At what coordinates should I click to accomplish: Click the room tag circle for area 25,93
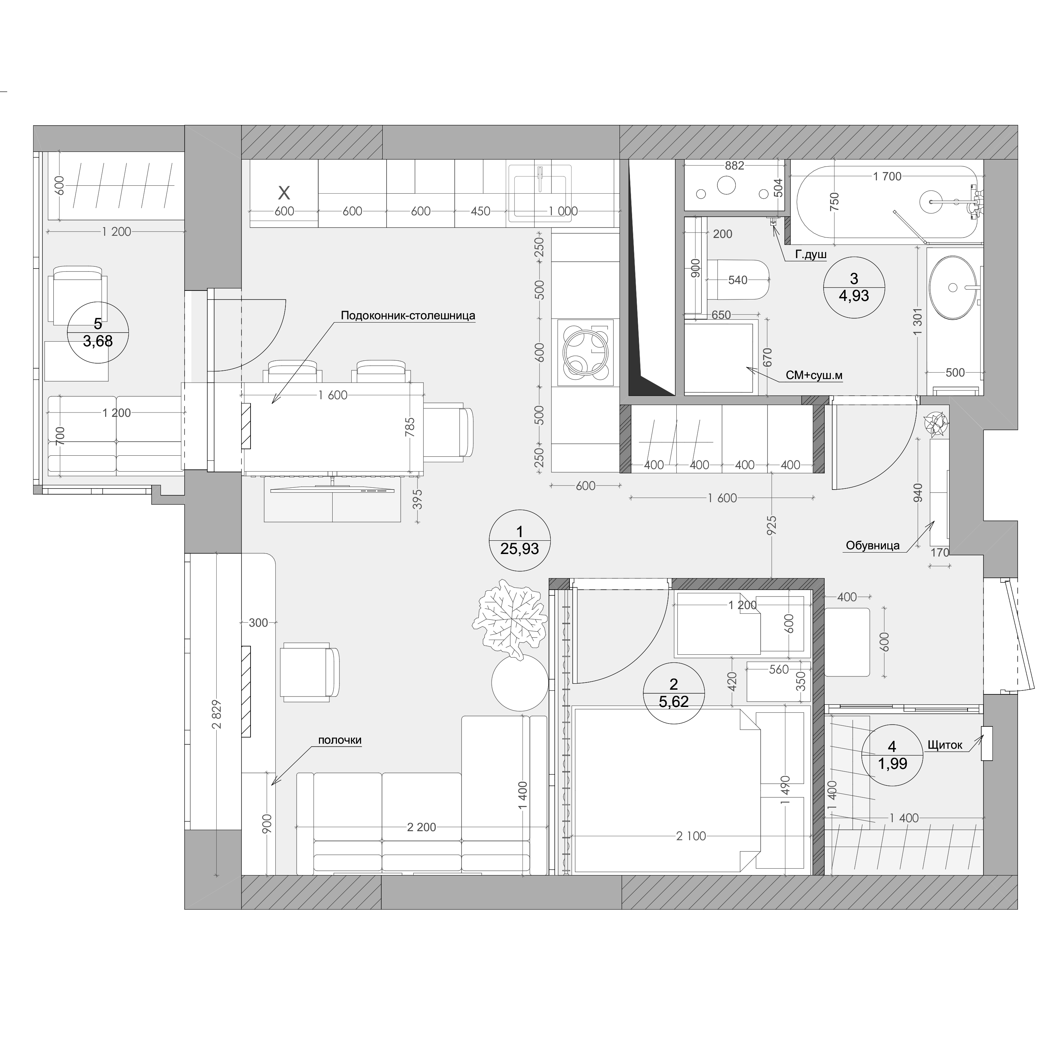coord(519,541)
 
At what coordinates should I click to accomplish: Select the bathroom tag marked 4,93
coord(853,287)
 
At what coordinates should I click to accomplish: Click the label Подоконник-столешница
coord(408,316)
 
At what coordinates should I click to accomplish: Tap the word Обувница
coord(873,545)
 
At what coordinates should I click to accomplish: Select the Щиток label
coord(945,745)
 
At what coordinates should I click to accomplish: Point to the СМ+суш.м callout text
coord(814,375)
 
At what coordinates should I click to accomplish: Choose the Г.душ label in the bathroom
coord(811,255)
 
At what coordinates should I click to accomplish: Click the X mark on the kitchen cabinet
coord(284,193)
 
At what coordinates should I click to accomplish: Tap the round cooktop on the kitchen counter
coord(585,352)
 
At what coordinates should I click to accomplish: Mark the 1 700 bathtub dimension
coord(887,176)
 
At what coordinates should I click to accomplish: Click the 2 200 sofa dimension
coord(422,827)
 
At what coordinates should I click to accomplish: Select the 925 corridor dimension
coord(771,526)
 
